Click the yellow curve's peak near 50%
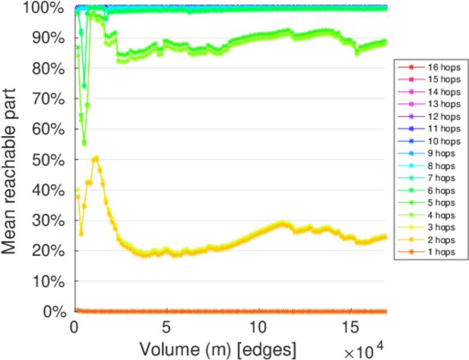(95, 158)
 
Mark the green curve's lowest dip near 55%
(84, 143)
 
